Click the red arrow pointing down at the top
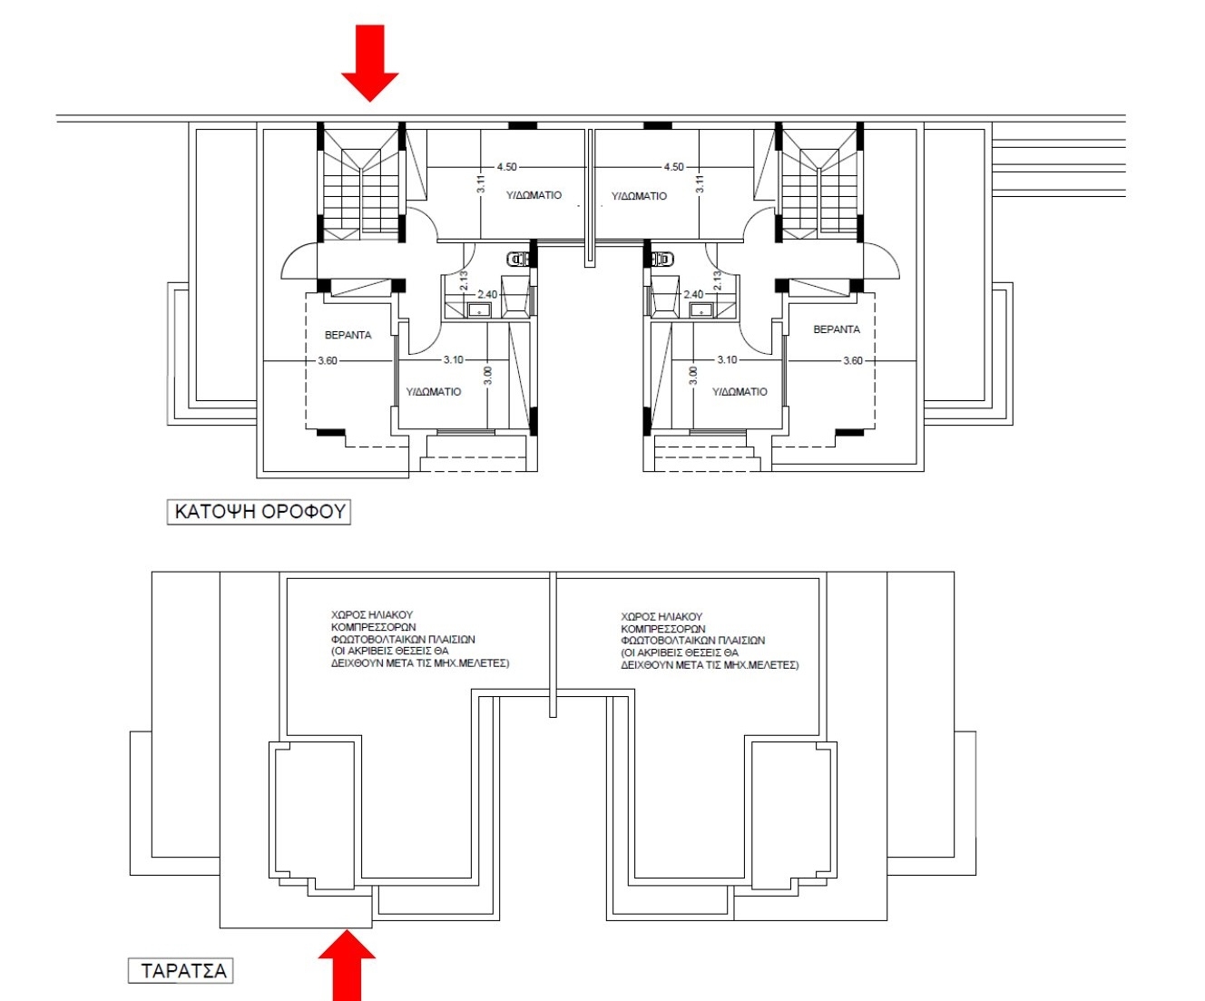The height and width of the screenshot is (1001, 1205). point(370,63)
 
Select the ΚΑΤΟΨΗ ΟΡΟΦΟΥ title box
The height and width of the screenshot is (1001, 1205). point(260,512)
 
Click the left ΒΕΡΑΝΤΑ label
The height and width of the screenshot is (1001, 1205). point(348,335)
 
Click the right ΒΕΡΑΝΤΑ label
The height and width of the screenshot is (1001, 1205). point(837,329)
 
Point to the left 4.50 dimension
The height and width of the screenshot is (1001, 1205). point(506,167)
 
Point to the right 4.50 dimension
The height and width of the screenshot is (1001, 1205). point(673,167)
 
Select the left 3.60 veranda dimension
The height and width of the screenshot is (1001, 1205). point(328,361)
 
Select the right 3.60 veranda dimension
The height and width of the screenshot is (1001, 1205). point(853,361)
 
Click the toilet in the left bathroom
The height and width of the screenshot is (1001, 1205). point(519,260)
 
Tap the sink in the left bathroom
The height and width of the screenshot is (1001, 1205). point(479,310)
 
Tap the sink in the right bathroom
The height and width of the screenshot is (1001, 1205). point(701,310)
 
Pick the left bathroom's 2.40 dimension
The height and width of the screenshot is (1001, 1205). point(487,294)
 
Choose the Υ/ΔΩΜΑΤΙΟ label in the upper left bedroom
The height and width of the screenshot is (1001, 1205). point(534,195)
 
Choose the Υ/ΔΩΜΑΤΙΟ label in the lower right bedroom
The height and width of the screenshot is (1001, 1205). point(740,392)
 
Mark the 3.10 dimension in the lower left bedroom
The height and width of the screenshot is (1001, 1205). point(453,359)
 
